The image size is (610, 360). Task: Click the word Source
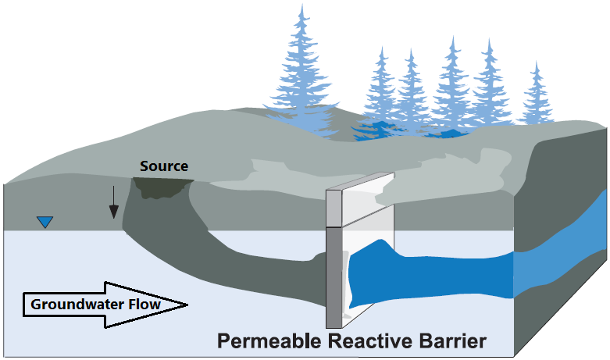(164, 166)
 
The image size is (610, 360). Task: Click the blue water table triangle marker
(45, 223)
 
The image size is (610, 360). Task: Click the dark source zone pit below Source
(162, 187)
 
